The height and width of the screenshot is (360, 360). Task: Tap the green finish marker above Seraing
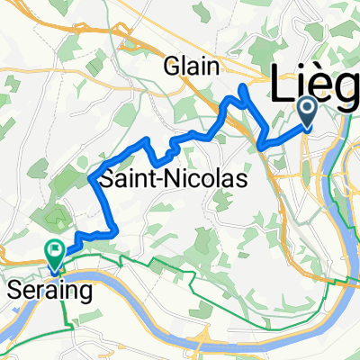click(x=55, y=254)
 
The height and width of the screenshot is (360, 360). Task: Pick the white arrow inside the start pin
click(x=307, y=111)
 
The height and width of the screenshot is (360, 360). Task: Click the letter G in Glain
click(x=169, y=65)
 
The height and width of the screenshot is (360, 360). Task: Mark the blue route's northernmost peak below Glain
click(x=243, y=86)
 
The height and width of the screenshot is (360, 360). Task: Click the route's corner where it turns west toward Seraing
click(x=115, y=232)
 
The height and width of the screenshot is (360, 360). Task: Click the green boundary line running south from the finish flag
click(x=64, y=301)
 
